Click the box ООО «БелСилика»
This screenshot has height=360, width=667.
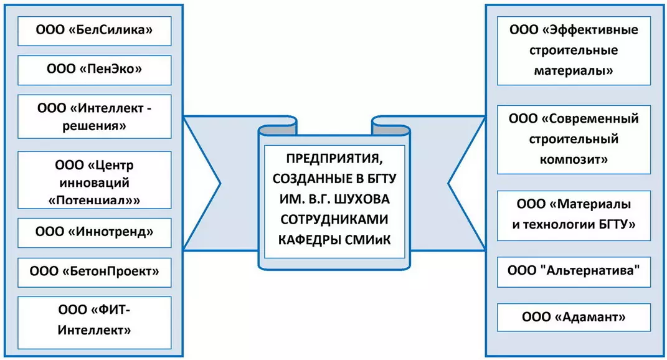pyautogui.click(x=95, y=31)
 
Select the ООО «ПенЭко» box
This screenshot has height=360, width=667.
pyautogui.click(x=95, y=70)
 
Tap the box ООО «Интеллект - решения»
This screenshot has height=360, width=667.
pyautogui.click(x=95, y=116)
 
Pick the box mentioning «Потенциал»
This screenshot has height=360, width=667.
pyautogui.click(x=95, y=182)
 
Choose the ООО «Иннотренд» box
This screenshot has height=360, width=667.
pyautogui.click(x=95, y=232)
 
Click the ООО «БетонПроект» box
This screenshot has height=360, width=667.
pyautogui.click(x=95, y=272)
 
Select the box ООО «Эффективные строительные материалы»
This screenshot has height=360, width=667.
pyautogui.click(x=574, y=50)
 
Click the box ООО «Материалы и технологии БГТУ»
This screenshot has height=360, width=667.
pyautogui.click(x=574, y=215)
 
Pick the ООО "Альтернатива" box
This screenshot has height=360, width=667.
pyautogui.click(x=574, y=272)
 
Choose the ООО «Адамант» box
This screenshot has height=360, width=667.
pyautogui.click(x=574, y=318)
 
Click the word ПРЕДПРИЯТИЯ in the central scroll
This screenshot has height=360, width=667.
pyautogui.click(x=334, y=159)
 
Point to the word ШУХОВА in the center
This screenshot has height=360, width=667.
pyautogui.click(x=369, y=197)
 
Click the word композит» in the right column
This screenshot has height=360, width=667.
pyautogui.click(x=574, y=159)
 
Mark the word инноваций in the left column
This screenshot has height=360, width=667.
pyautogui.click(x=94, y=182)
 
